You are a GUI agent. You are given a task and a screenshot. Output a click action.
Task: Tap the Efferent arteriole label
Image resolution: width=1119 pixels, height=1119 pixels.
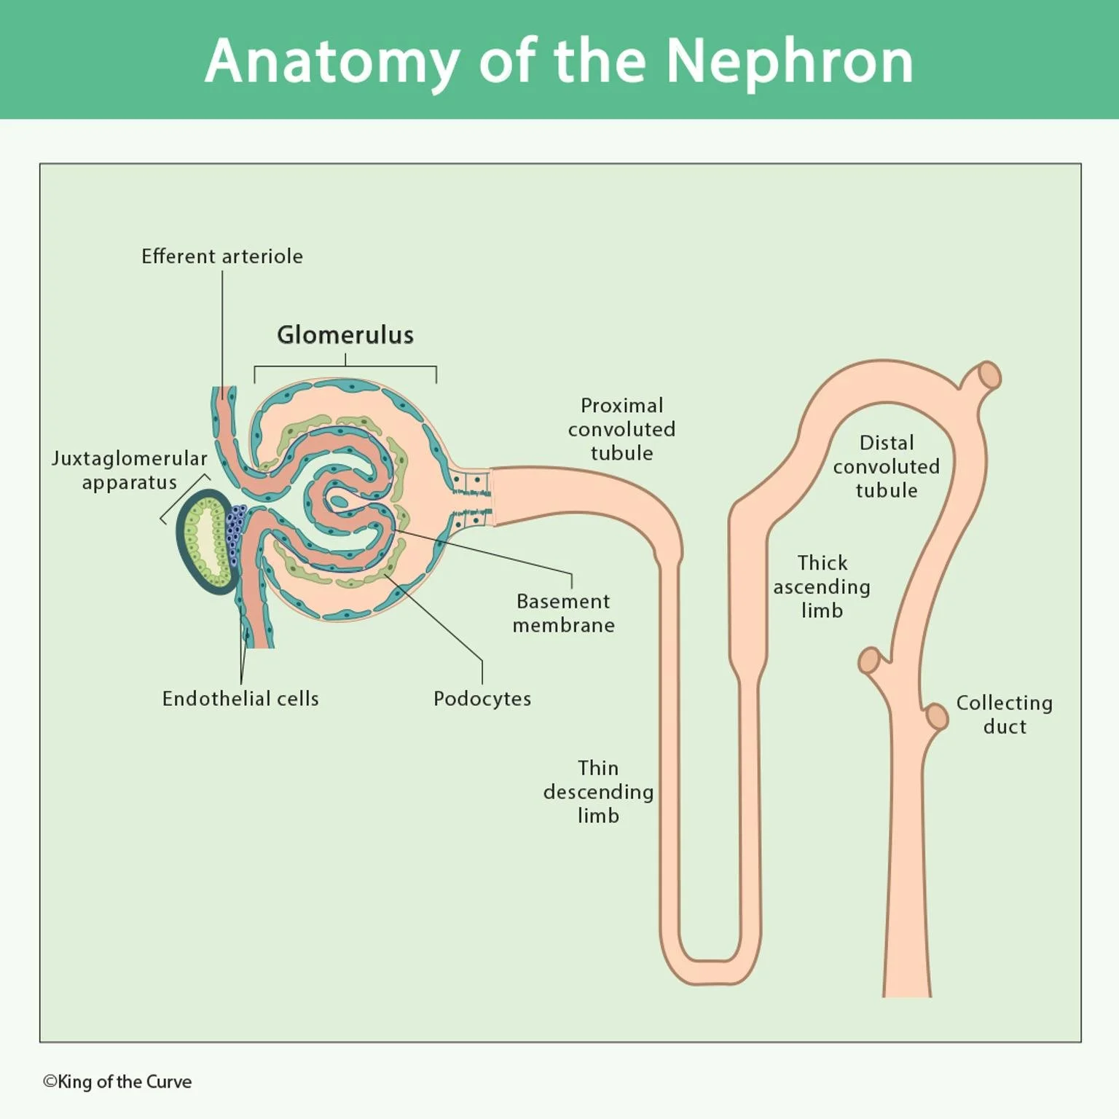[222, 256]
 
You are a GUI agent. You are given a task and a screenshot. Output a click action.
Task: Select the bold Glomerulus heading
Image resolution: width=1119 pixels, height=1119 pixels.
[345, 335]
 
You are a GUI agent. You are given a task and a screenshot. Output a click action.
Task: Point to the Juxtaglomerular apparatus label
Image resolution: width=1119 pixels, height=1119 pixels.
[130, 471]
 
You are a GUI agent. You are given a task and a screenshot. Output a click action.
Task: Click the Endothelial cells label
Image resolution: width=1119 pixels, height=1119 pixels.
[240, 699]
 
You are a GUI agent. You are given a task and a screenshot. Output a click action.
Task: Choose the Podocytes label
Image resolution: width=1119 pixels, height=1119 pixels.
[482, 699]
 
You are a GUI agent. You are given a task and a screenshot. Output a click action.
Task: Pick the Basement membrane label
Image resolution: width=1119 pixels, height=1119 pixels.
[563, 613]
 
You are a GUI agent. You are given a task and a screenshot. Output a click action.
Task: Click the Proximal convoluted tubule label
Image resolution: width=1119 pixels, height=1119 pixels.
[621, 429]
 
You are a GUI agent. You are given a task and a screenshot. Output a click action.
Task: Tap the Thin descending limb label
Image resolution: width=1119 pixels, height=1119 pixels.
[598, 792]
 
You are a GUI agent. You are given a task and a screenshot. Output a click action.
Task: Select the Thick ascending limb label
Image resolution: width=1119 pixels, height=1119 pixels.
[822, 586]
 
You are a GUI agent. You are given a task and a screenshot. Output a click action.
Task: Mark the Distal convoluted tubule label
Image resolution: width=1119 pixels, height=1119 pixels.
[887, 466]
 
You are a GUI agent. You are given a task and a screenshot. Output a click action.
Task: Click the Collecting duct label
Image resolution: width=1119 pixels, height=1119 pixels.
[1005, 715]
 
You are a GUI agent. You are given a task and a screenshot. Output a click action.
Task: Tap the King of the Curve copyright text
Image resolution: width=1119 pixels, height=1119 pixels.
[118, 1082]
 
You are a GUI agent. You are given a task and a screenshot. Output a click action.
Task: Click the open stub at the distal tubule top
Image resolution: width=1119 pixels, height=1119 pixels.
[989, 376]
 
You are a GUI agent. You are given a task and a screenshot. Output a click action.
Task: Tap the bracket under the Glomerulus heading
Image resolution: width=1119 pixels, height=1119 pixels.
[345, 368]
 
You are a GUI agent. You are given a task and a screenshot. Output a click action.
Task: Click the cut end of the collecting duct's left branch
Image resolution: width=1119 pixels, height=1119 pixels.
[868, 661]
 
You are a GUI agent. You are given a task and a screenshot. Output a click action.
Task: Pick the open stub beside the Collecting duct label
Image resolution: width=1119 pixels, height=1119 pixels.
[937, 717]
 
